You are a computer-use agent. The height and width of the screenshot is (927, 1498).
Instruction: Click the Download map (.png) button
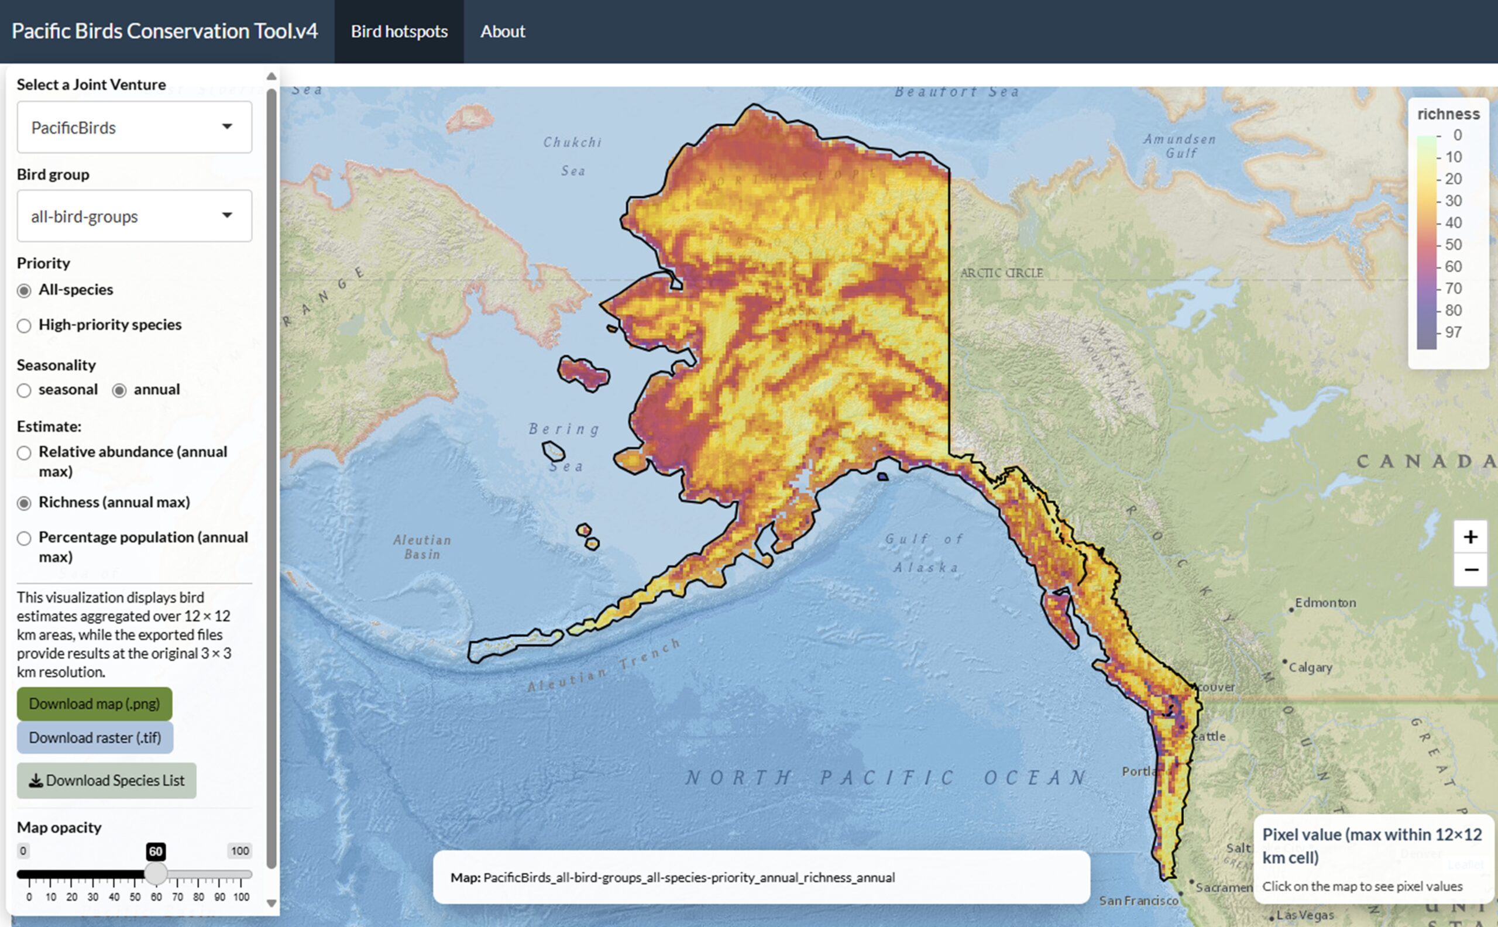point(94,703)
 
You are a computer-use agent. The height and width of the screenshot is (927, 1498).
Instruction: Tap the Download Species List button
point(106,781)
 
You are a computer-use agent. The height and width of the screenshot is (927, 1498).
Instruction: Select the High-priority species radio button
point(24,325)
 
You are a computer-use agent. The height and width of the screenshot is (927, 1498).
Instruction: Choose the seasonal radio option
point(24,390)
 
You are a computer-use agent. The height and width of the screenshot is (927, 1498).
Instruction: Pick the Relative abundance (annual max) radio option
point(24,453)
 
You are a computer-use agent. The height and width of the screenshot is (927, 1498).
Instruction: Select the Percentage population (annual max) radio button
point(24,538)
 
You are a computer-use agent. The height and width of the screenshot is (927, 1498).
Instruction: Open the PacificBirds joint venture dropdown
point(134,128)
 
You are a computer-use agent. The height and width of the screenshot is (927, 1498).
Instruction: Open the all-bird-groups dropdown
point(134,216)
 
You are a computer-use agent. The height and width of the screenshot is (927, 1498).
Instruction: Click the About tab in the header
point(503,31)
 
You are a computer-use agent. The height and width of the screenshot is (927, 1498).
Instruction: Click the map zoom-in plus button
point(1470,537)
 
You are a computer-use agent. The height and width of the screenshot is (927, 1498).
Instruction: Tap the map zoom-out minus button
point(1470,569)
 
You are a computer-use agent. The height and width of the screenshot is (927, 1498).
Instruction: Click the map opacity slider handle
point(156,874)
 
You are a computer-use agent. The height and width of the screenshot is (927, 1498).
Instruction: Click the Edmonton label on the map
point(1325,603)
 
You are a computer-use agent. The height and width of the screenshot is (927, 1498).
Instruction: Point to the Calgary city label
point(1310,667)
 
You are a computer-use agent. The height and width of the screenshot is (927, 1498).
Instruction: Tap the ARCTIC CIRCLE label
point(1002,273)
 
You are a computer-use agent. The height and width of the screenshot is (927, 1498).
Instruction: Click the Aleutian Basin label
point(422,547)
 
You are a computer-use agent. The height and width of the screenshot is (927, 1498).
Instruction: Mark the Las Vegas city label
point(1305,915)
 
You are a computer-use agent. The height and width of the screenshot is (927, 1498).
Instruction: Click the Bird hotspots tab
point(399,31)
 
